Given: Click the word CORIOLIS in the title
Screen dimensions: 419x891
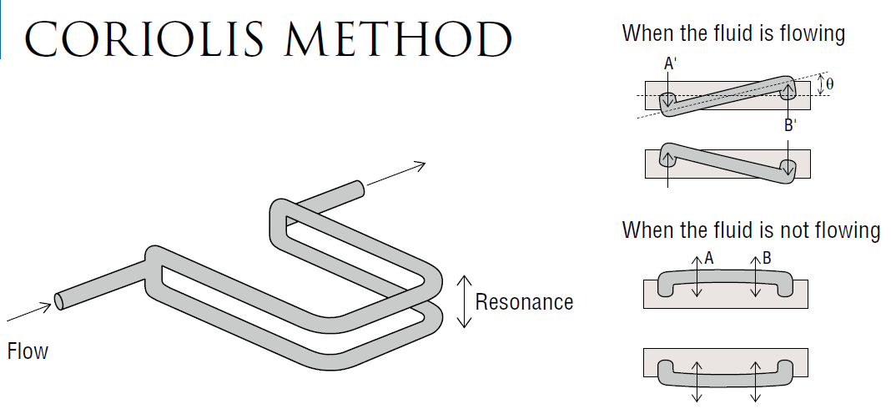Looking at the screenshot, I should pyautogui.click(x=143, y=39).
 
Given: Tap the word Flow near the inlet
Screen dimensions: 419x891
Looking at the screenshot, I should pyautogui.click(x=28, y=351).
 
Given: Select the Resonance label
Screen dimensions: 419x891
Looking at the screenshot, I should pyautogui.click(x=524, y=301).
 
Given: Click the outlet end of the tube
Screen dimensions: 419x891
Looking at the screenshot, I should pyautogui.click(x=359, y=189).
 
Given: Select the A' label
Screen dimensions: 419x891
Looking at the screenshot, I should pyautogui.click(x=670, y=63).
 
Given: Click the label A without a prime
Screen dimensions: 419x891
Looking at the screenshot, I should pyautogui.click(x=708, y=259).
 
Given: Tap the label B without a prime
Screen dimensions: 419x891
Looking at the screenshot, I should pyautogui.click(x=766, y=259).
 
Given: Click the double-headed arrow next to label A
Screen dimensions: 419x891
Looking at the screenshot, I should pyautogui.click(x=698, y=276).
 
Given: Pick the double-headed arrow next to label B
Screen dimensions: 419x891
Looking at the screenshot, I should pyautogui.click(x=757, y=276).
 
